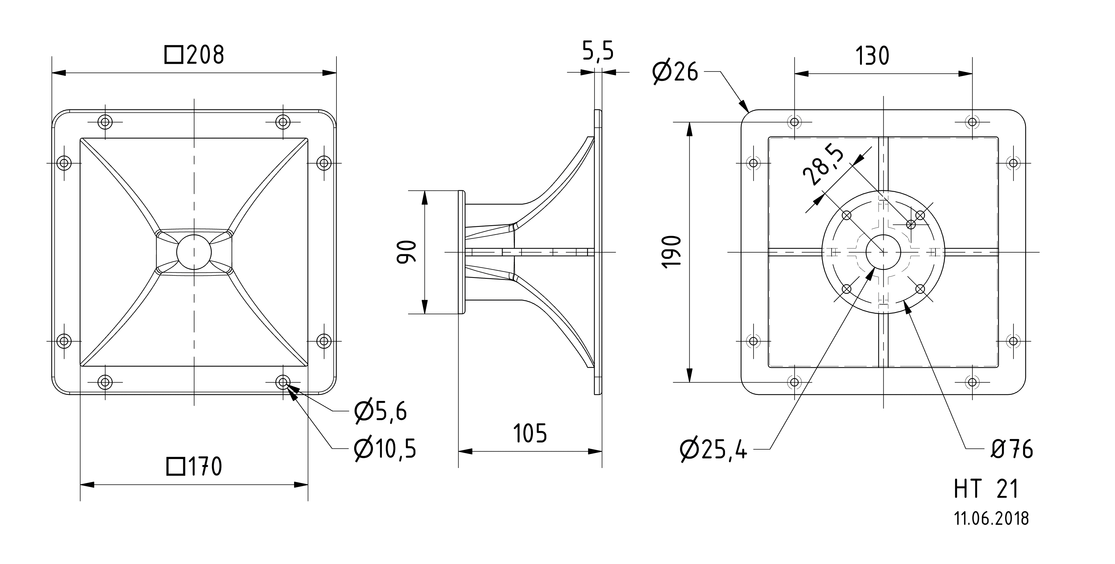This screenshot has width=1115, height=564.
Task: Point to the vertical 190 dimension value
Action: point(672,252)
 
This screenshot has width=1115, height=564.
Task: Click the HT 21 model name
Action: point(986,489)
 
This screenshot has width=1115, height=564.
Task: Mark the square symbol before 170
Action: point(176,467)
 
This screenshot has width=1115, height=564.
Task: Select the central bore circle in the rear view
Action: point(883,252)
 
